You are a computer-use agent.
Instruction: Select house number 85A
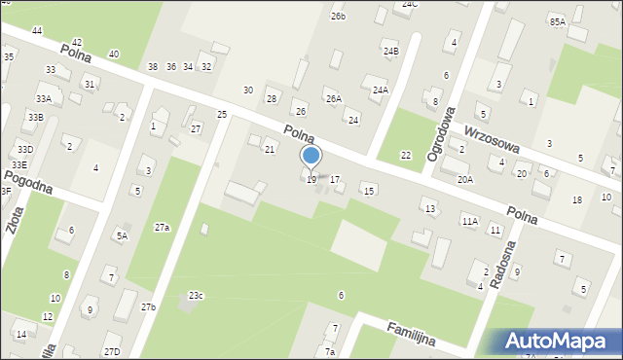pos(557,21)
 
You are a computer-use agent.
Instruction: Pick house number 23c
pos(196,295)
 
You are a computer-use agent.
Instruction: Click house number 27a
pos(162,227)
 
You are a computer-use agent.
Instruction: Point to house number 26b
pos(338,16)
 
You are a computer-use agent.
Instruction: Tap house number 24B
pos(390,51)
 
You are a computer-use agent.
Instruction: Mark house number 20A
pos(465,179)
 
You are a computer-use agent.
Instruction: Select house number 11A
pos(470,221)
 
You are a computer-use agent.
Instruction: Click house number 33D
pos(24,149)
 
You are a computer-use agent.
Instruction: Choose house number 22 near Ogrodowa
pos(406,156)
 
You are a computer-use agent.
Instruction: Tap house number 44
pos(37,31)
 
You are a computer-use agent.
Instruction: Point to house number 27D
pos(112,351)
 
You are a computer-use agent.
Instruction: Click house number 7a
pos(330,351)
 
